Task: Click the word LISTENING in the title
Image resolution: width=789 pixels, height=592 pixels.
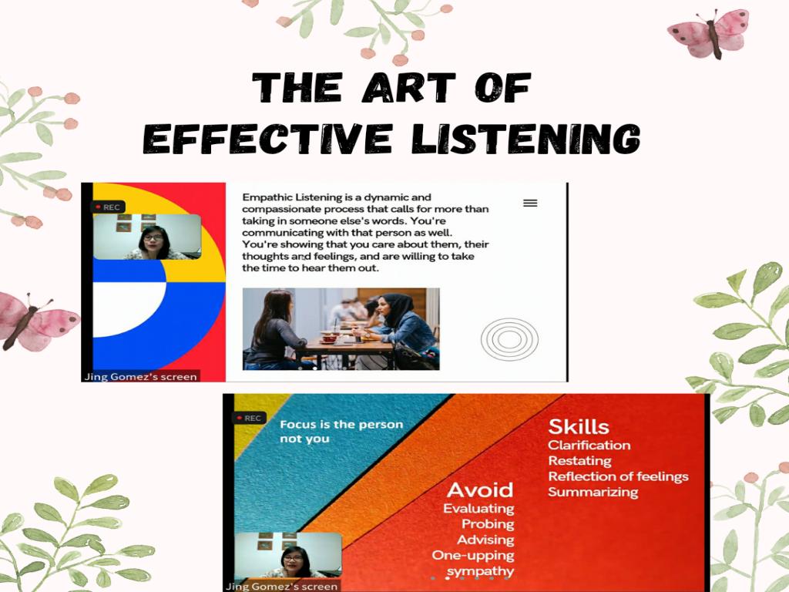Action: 525,138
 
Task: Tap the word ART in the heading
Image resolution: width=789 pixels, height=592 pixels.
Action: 408,87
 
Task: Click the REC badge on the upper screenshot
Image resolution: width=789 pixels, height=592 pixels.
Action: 108,207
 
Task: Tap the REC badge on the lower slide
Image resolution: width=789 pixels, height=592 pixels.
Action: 250,418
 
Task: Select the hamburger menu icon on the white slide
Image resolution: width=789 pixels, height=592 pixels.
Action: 530,203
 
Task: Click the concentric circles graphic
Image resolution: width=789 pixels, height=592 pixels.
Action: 509,339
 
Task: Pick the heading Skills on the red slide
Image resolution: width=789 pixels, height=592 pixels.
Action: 579,426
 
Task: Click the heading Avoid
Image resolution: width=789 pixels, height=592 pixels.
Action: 480,489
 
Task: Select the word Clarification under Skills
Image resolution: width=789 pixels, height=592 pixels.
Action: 589,445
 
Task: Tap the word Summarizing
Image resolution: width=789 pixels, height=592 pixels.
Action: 593,492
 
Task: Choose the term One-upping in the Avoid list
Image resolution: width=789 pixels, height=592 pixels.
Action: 473,556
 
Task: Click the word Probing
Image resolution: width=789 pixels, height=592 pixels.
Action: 488,524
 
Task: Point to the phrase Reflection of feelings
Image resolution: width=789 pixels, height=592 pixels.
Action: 619,476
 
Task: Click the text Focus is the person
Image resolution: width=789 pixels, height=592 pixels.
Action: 341,425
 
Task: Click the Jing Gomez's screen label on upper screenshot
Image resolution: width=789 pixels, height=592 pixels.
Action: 141,376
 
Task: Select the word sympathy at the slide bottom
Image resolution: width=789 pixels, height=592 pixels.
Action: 481,572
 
